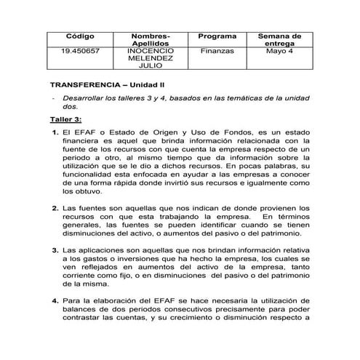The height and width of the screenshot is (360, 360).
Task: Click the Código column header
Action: tap(80, 36)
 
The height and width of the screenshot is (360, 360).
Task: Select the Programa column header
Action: tap(217, 36)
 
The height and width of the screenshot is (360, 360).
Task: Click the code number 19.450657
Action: tap(80, 52)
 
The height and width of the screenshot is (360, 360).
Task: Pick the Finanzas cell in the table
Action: tap(217, 52)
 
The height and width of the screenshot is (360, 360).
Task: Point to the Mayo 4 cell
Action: tap(279, 52)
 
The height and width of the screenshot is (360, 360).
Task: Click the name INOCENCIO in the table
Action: tap(151, 52)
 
